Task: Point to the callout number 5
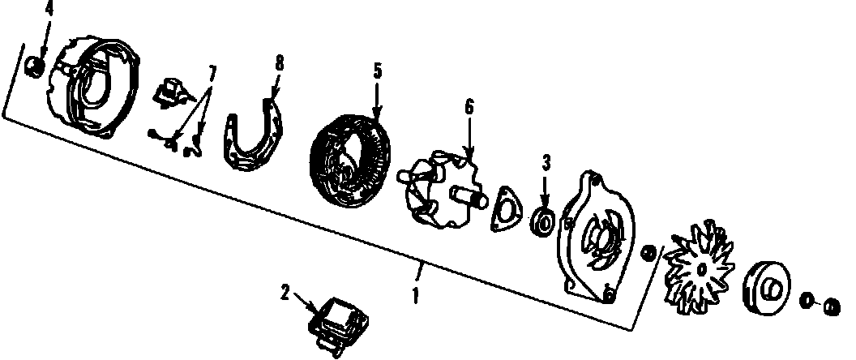(x=377, y=71)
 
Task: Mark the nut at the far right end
(x=830, y=306)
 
